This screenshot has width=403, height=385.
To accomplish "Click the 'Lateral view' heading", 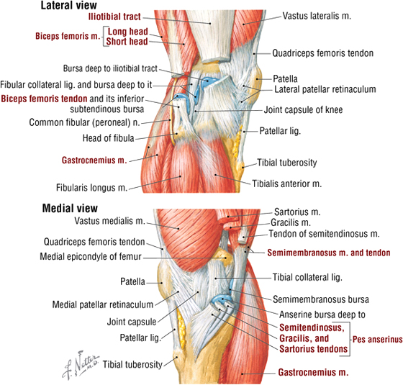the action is tap(69, 6).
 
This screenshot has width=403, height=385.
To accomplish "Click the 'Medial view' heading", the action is tap(70, 208).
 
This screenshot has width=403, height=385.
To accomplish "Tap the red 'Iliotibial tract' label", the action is tap(114, 17).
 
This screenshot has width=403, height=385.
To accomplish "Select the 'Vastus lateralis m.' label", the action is tap(317, 16).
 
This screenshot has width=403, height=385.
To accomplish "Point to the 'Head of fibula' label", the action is tap(108, 138).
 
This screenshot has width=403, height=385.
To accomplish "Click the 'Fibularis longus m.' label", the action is tap(92, 188).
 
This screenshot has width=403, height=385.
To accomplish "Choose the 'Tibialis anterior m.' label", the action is tap(286, 184).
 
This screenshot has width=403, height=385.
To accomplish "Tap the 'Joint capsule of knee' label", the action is tap(303, 109).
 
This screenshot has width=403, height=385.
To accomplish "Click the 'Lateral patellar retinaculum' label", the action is tap(325, 89).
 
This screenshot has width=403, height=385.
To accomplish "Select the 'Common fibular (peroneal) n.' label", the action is tap(85, 122).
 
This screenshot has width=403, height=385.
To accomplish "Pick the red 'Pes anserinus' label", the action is tap(377, 340).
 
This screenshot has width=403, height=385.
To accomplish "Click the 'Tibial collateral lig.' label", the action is tap(307, 277).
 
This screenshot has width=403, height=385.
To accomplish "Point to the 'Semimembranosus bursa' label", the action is tap(321, 299).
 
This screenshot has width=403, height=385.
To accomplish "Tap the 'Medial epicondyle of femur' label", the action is tap(91, 256).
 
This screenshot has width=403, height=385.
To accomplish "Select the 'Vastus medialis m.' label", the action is tap(109, 221).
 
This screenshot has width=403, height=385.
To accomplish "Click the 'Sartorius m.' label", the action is tap(297, 212).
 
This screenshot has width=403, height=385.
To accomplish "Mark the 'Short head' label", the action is tap(127, 42).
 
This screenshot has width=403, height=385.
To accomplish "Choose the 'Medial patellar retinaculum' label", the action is tap(103, 304).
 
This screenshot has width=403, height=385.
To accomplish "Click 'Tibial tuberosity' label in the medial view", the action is tap(132, 364).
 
